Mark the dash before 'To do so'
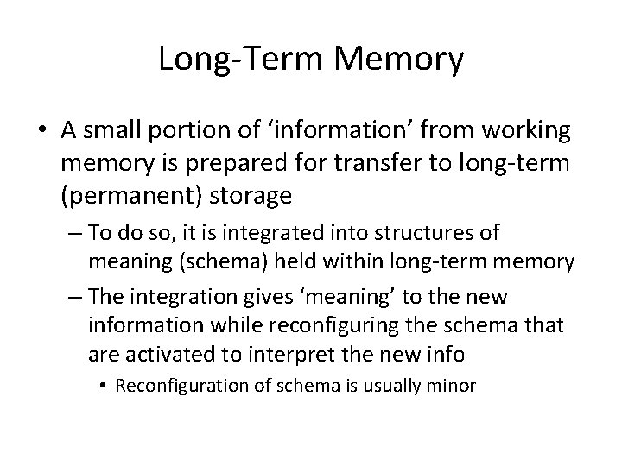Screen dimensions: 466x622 click(73, 233)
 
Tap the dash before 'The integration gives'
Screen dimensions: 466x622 click(73, 298)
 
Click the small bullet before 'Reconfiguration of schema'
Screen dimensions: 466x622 click(105, 385)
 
